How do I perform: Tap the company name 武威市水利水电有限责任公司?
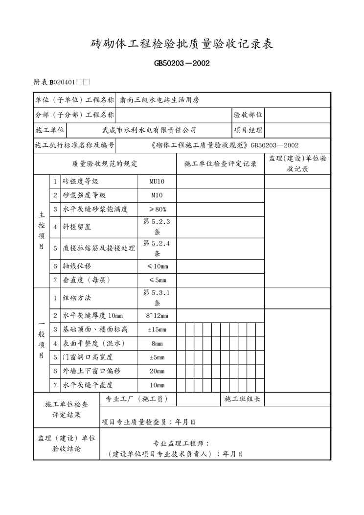pos(149,130)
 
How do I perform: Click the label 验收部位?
pos(248,115)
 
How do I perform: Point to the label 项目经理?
pos(248,130)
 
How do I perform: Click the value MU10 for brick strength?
pos(157,182)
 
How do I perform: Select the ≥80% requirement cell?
pos(157,209)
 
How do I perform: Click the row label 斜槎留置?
pos(77,227)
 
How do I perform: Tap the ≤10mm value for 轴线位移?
pos(157,266)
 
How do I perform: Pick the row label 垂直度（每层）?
pos(86,280)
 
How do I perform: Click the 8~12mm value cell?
pos(157,316)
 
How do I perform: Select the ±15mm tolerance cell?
pos(157,329)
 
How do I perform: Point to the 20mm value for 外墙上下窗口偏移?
pos(157,371)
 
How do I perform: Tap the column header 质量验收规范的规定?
pos(105,164)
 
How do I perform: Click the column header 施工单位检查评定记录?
pos(220,164)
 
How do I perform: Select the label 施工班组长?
pos(242,399)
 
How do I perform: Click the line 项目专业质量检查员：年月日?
pos(149,421)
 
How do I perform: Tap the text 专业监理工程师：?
pos(182,444)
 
